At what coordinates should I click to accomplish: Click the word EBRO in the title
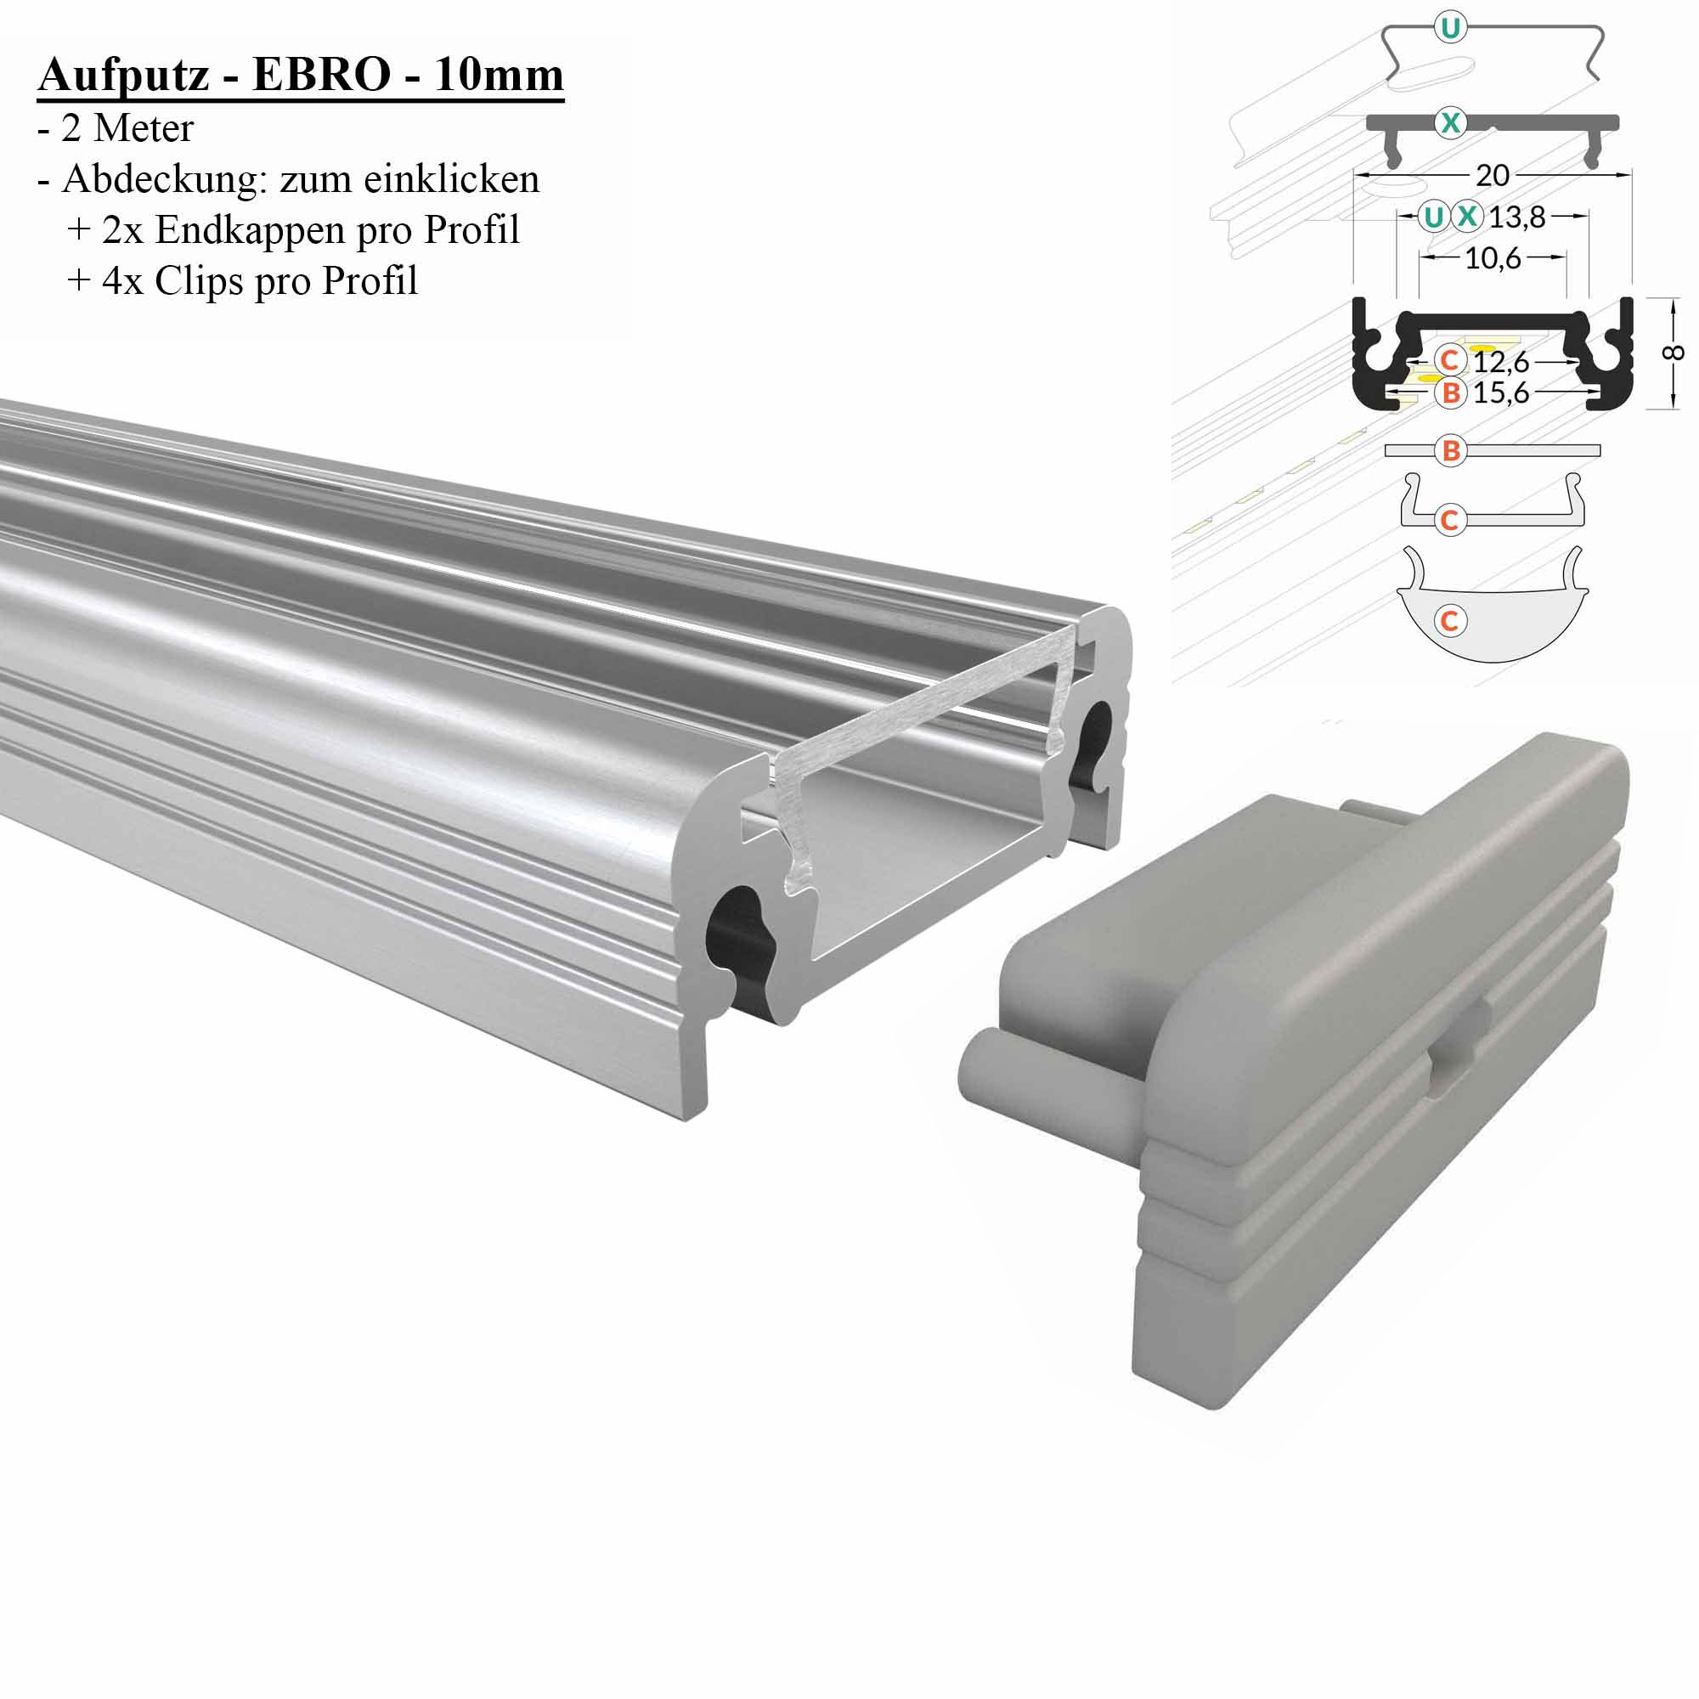(321, 75)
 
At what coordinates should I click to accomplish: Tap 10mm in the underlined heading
(498, 75)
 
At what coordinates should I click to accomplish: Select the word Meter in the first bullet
(144, 128)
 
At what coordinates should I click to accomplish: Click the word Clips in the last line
(198, 281)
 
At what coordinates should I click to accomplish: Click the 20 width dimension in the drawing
(1493, 175)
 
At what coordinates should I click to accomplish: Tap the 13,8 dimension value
(1517, 217)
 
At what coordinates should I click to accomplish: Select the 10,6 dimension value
(1493, 257)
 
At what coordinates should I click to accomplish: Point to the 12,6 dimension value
(1501, 361)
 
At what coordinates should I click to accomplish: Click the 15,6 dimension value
(1501, 392)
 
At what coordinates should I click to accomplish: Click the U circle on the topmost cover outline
(1450, 28)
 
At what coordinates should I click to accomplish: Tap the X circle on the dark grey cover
(1450, 122)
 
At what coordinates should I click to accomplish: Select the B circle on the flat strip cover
(1450, 451)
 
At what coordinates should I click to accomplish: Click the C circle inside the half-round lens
(1450, 621)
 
